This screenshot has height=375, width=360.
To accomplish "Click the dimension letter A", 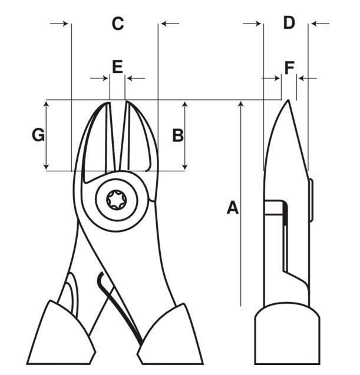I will point(233,208).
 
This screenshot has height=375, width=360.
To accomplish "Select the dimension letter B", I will point(177,135).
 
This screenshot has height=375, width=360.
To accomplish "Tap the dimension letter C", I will point(118,24).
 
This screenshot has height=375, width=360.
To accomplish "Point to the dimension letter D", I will point(289,23).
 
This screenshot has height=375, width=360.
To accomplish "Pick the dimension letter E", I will point(117,66).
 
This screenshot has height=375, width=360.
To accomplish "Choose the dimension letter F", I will point(289,68).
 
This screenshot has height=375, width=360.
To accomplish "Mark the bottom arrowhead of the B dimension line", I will point(186,167).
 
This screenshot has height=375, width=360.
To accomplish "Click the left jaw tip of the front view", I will point(109,105).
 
